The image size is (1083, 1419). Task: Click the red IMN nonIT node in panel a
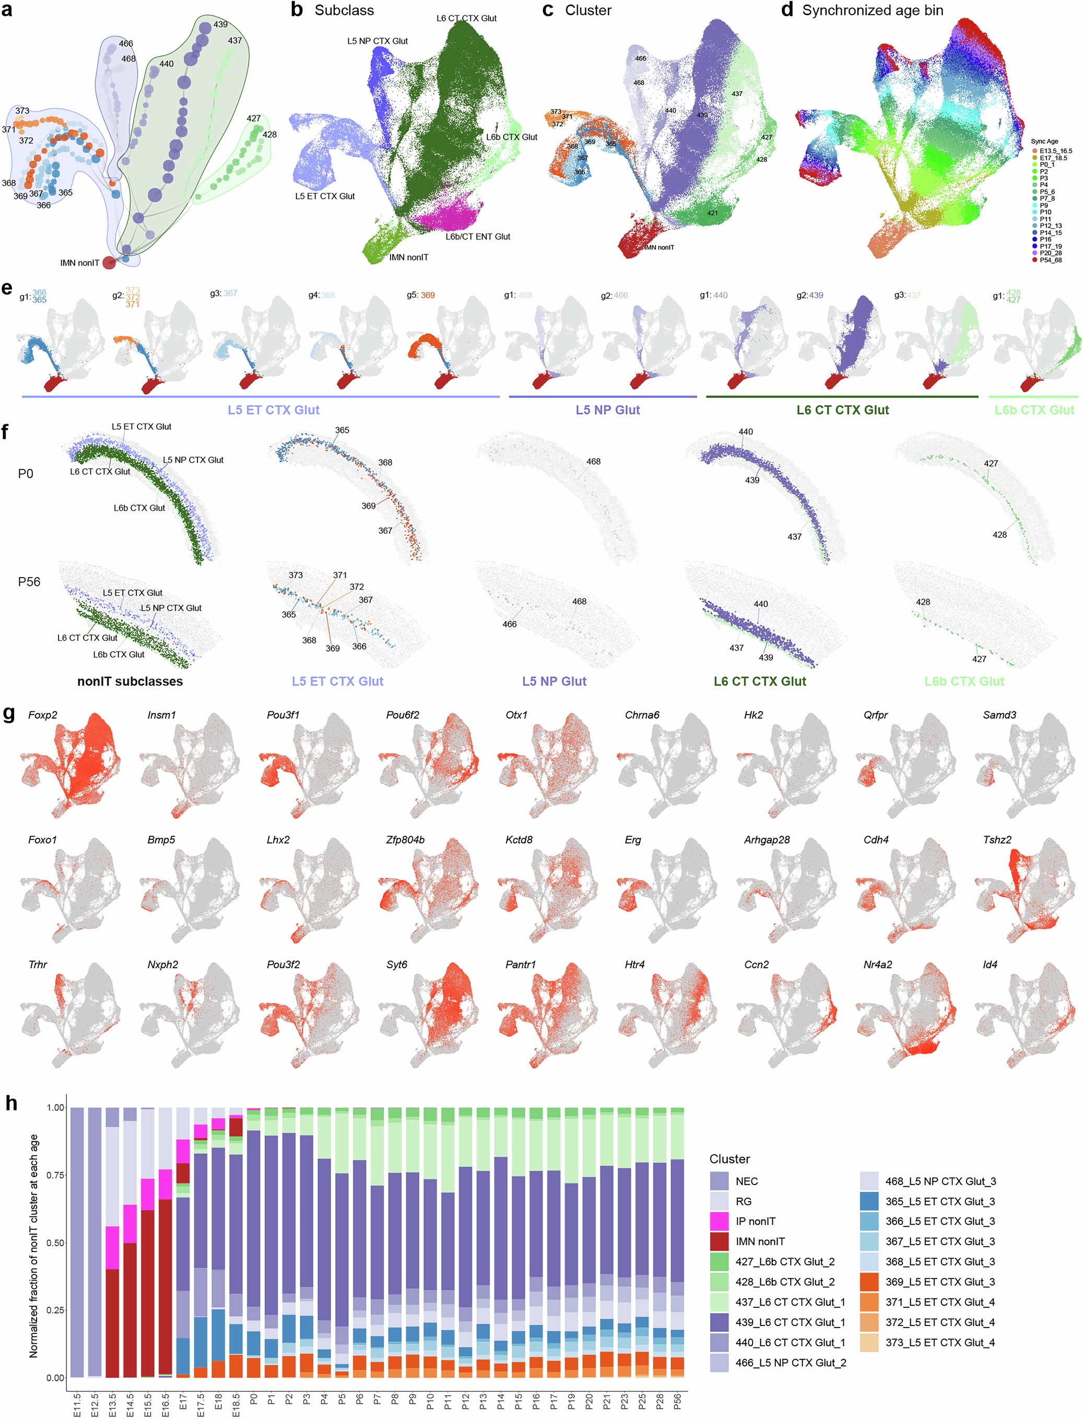click(x=109, y=262)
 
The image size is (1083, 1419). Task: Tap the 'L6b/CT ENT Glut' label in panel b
click(x=478, y=237)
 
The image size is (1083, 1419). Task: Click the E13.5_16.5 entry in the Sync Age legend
click(x=1055, y=151)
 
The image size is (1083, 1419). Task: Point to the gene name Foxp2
click(x=42, y=715)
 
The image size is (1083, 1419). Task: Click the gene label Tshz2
click(x=997, y=839)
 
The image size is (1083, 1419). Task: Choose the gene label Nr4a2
click(x=877, y=965)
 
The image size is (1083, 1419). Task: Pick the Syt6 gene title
click(x=396, y=965)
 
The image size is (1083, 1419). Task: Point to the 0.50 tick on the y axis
click(x=55, y=1242)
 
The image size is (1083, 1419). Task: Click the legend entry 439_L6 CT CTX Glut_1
click(x=790, y=1322)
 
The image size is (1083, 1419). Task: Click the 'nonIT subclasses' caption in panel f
click(x=130, y=682)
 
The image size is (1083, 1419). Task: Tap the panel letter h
click(x=11, y=1103)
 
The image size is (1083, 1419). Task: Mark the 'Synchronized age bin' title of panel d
click(x=872, y=10)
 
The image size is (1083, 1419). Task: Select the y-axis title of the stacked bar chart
click(x=33, y=1246)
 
